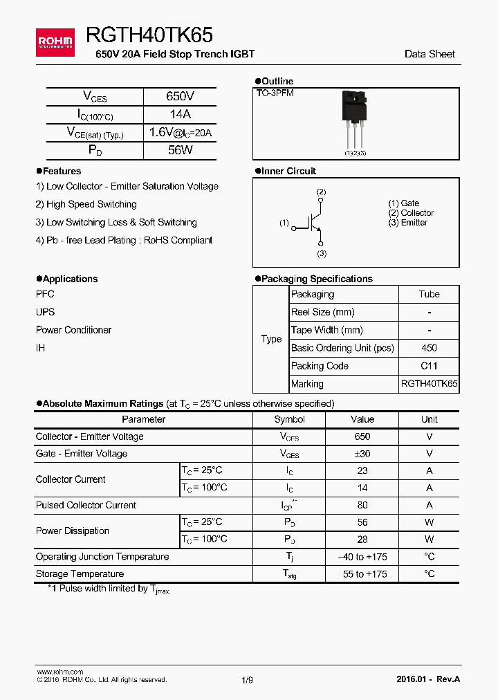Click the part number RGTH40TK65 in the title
[149, 35]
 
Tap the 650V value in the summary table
[180, 97]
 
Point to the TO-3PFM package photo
[356, 121]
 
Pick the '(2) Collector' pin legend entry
[411, 213]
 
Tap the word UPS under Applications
[45, 312]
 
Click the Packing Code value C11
[429, 366]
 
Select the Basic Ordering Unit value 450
[429, 348]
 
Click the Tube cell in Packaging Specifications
[429, 294]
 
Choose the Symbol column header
[289, 419]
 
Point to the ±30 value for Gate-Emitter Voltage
[362, 454]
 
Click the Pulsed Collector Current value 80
[362, 505]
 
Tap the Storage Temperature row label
[80, 573]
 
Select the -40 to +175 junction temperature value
[362, 557]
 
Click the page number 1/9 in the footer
[247, 680]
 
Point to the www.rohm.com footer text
[59, 672]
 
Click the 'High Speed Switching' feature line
[86, 204]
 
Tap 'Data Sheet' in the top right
[430, 54]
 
